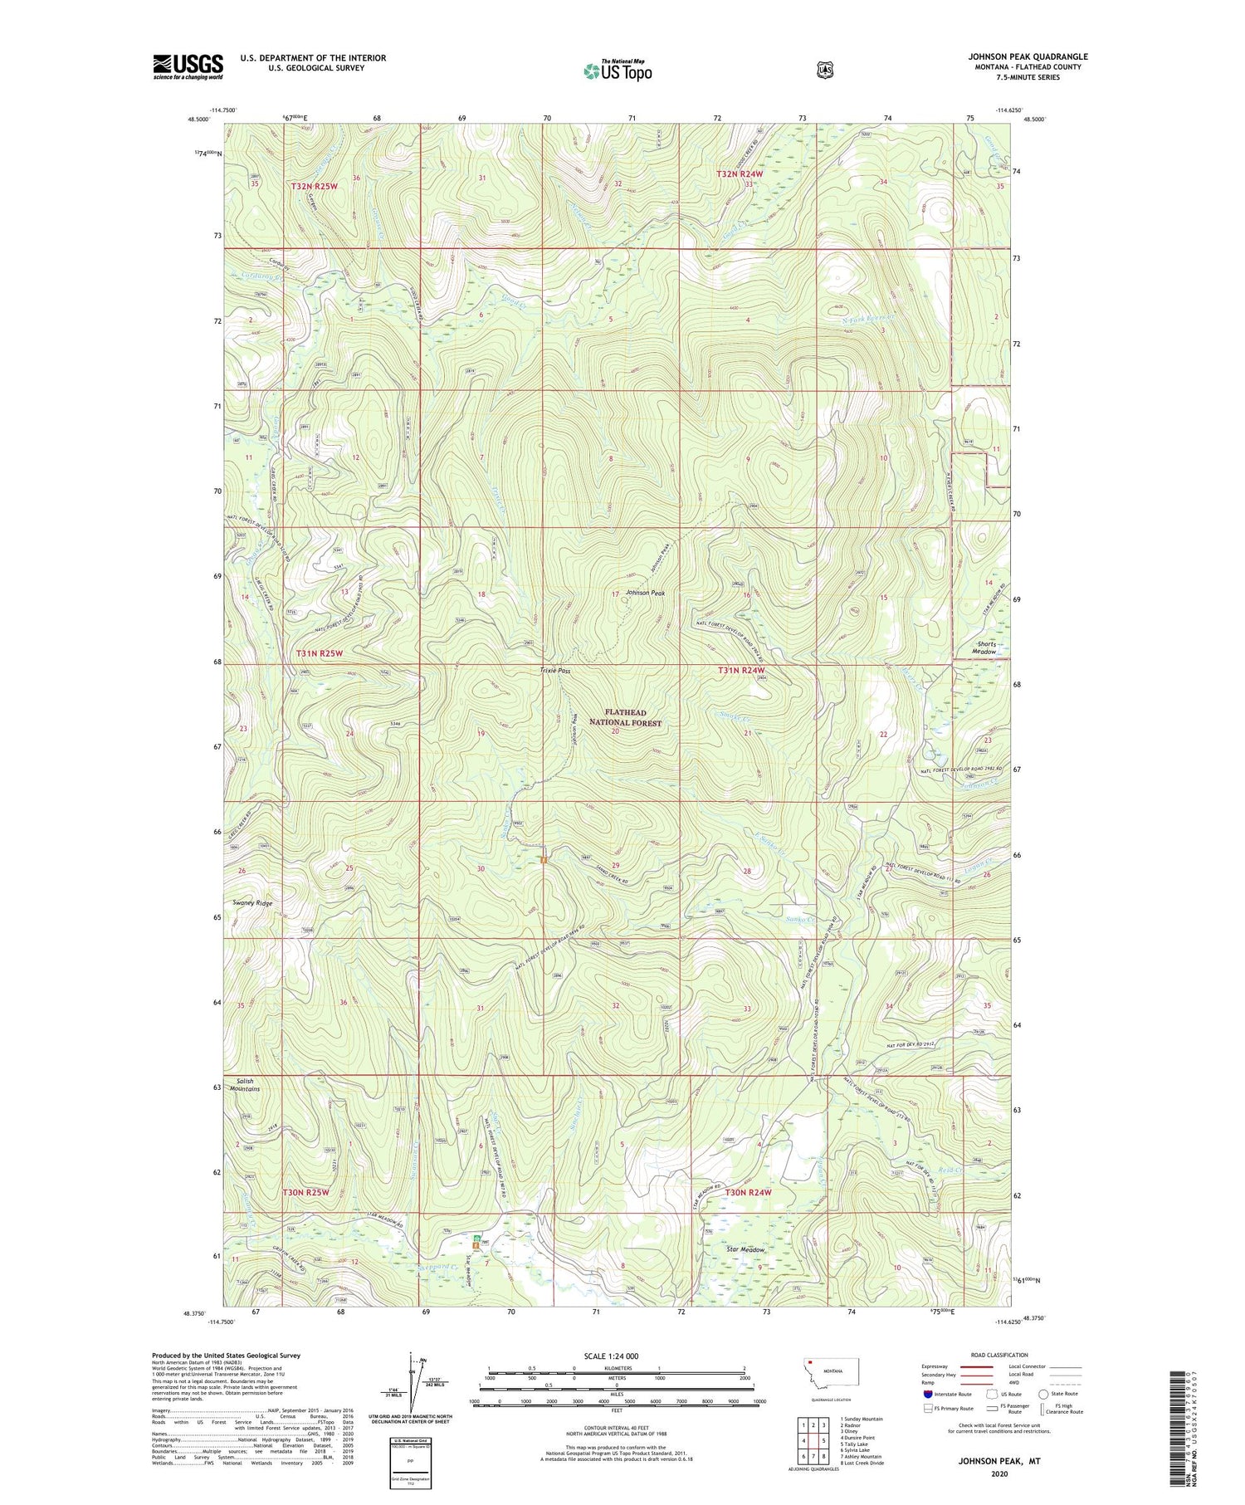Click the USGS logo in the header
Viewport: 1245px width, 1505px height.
click(x=188, y=66)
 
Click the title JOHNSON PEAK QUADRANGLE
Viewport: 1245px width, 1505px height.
click(x=1027, y=57)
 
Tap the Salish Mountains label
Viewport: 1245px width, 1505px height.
click(x=248, y=1085)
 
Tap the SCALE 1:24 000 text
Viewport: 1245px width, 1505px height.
click(x=611, y=1356)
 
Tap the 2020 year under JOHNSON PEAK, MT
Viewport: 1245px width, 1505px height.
click(x=998, y=1474)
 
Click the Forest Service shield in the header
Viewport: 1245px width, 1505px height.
click(x=824, y=71)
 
